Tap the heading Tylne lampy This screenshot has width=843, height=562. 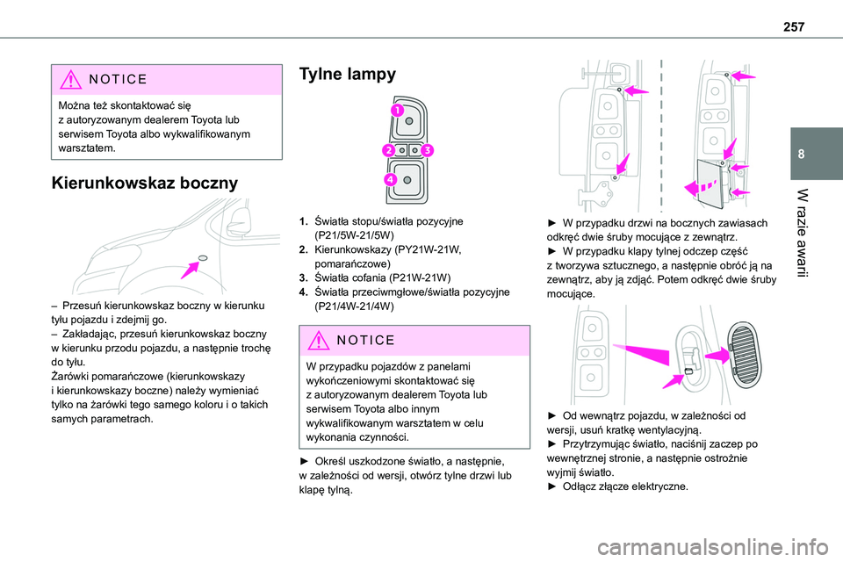coord(348,75)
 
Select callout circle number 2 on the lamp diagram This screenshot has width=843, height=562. coord(387,151)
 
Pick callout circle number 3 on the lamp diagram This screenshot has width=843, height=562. coord(426,151)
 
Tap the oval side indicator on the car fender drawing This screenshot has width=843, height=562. coord(203,257)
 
